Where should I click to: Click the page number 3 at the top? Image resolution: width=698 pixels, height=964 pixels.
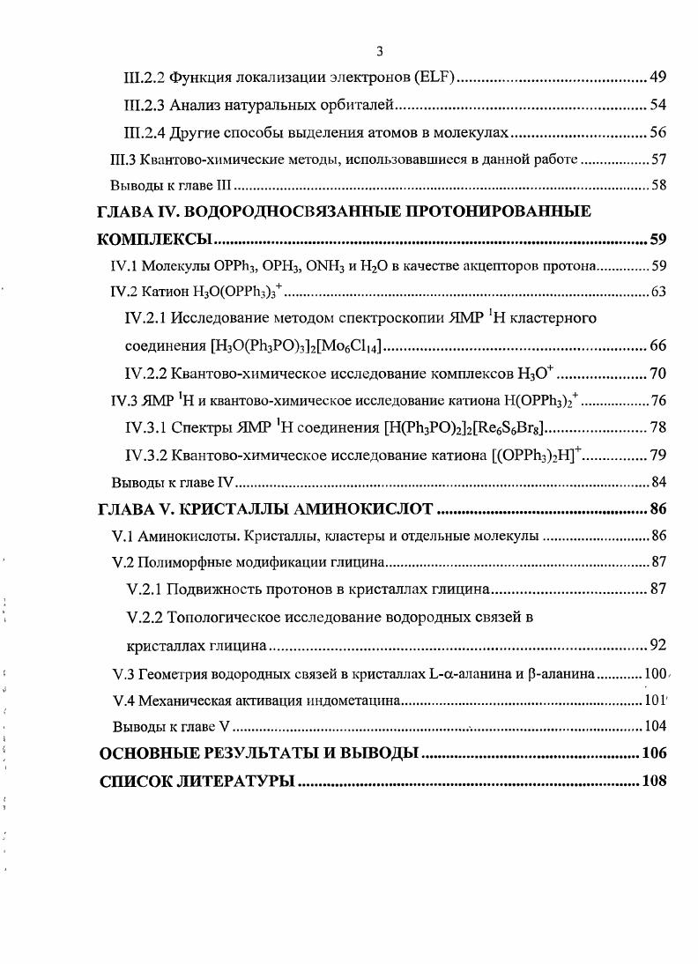(380, 50)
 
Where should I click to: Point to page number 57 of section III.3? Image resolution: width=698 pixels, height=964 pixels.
(658, 159)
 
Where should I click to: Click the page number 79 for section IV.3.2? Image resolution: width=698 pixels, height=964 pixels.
(657, 455)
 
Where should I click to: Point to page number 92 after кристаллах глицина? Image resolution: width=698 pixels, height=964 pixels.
(657, 645)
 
